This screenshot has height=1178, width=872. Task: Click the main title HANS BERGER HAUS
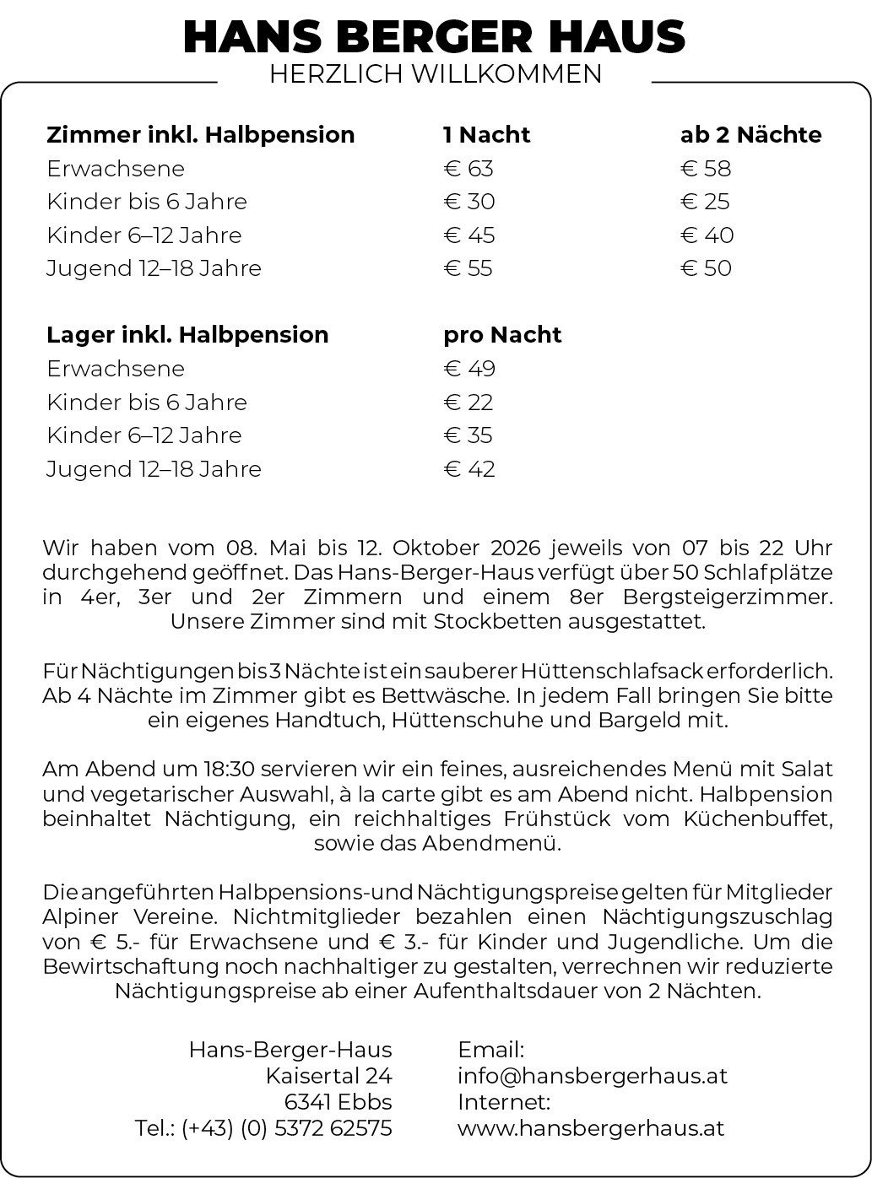(435, 37)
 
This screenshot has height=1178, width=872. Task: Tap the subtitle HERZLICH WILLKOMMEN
(436, 74)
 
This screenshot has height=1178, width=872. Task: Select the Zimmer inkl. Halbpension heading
(201, 135)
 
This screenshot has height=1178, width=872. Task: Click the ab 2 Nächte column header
(750, 135)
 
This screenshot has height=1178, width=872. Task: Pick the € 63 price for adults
(468, 169)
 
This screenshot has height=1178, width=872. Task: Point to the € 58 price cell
(706, 169)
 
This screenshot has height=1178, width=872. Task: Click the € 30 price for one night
(469, 202)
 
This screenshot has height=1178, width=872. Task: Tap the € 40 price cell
(707, 235)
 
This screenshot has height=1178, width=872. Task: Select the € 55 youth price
(468, 268)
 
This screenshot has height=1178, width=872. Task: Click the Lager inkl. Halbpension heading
(187, 335)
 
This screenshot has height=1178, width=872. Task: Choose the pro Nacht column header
(502, 335)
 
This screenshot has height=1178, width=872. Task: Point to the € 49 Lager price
(469, 369)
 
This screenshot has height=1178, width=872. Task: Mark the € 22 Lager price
(468, 403)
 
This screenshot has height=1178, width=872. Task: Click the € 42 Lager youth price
(469, 469)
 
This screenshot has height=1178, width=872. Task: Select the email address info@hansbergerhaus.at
(592, 1076)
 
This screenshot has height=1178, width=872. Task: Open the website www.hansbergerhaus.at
(591, 1128)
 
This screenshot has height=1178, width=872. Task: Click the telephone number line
(263, 1128)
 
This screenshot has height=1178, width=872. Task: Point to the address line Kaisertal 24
(328, 1076)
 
